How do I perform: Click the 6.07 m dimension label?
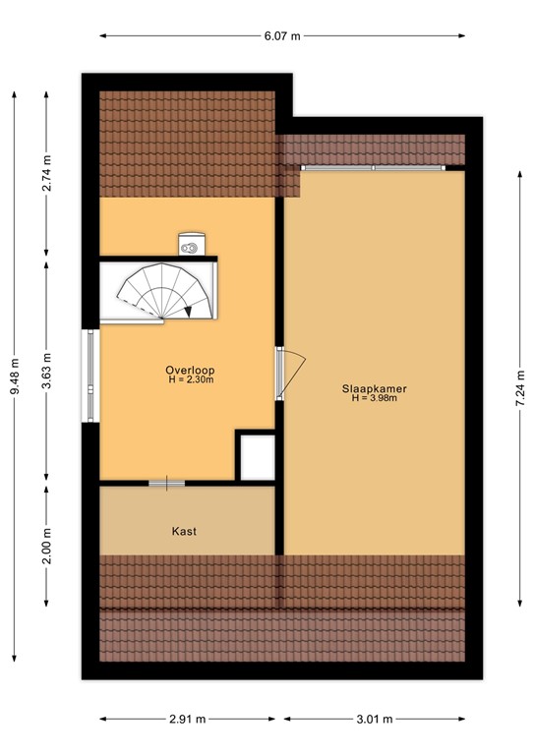(x=282, y=37)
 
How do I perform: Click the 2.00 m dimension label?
(x=47, y=548)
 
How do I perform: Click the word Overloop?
(x=190, y=370)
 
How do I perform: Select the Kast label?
(x=184, y=531)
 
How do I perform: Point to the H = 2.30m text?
(x=190, y=379)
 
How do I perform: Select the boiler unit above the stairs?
(x=191, y=243)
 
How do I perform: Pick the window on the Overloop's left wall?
(x=89, y=376)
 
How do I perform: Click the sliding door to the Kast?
(x=166, y=483)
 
